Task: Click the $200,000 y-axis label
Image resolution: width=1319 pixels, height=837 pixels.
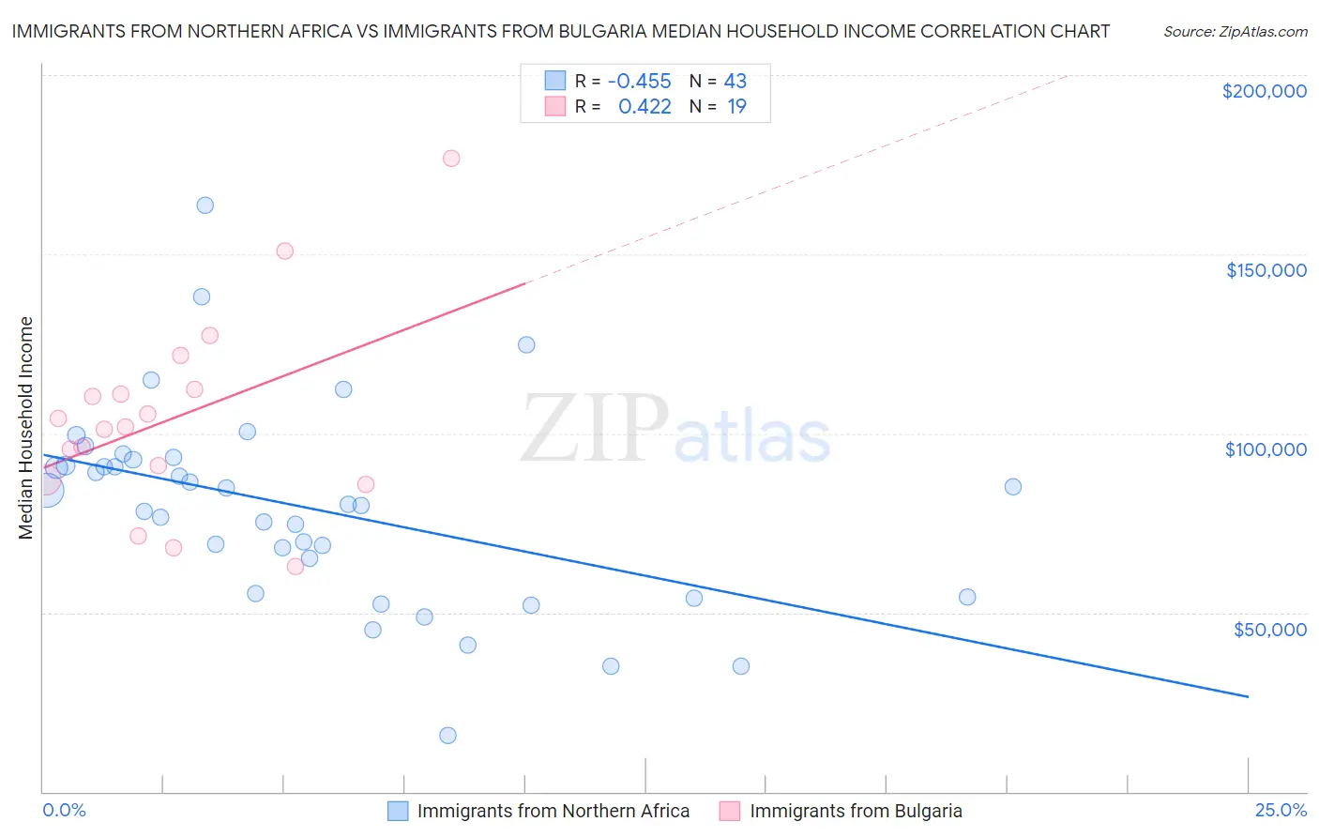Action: tap(1264, 91)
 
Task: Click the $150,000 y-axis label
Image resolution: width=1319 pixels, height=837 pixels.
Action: tap(1266, 270)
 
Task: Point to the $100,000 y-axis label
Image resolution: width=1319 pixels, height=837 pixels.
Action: tap(1266, 449)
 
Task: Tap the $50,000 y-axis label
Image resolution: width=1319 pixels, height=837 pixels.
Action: tap(1269, 630)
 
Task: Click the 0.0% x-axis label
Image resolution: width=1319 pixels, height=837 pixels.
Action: tap(64, 810)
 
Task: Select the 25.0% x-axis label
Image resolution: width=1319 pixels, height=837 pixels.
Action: tap(1281, 810)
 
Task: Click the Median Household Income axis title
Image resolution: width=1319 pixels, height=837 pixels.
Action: tap(26, 428)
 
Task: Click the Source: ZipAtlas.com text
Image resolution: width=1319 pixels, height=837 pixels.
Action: tap(1235, 32)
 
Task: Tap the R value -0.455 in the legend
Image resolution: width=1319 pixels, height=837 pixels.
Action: tap(639, 82)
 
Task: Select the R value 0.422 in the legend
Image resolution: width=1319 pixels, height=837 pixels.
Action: tap(644, 107)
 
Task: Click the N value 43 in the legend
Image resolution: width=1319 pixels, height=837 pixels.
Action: tap(735, 82)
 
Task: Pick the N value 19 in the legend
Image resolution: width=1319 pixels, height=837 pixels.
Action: tap(736, 107)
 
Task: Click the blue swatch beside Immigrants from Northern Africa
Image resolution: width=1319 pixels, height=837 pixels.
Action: tap(398, 811)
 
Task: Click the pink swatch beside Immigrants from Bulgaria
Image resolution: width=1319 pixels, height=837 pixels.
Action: tap(730, 811)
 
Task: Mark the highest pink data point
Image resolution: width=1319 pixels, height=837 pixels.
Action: tap(451, 159)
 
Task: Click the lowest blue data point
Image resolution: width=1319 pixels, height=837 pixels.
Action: tap(448, 736)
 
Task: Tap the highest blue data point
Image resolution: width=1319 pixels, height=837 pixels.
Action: tap(205, 205)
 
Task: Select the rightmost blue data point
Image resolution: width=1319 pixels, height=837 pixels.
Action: tap(1013, 487)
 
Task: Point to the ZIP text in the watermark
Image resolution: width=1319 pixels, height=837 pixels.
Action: tap(595, 429)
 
